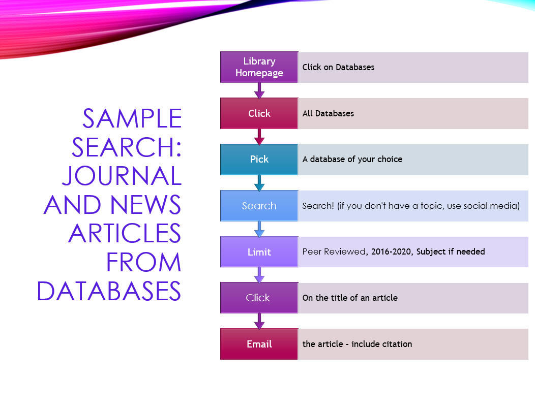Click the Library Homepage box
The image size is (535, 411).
(x=259, y=67)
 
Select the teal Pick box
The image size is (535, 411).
(x=259, y=160)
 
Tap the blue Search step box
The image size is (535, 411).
(x=259, y=206)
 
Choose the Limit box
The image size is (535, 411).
(x=259, y=252)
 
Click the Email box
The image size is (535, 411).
(x=259, y=344)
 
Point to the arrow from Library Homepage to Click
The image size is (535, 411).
(x=259, y=90)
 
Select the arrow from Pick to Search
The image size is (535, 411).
(x=259, y=183)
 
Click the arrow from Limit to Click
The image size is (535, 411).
(x=259, y=275)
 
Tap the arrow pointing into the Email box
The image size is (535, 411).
(x=259, y=322)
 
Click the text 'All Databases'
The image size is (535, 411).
(x=328, y=113)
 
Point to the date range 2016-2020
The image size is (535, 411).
(x=391, y=251)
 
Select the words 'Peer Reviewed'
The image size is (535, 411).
(x=335, y=251)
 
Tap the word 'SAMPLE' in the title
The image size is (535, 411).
(x=132, y=118)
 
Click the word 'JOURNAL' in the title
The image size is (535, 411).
(x=122, y=176)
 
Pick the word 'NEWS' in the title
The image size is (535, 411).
(x=145, y=205)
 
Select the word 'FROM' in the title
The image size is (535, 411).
(x=143, y=263)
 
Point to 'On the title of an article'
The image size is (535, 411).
(x=350, y=298)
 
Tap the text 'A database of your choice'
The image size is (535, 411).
(x=352, y=159)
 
